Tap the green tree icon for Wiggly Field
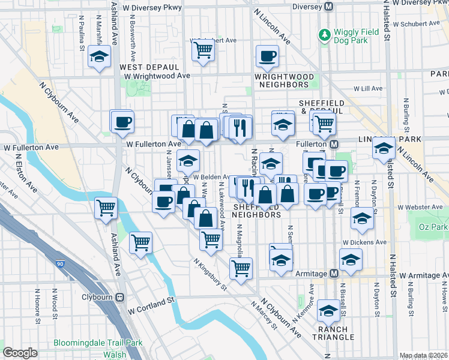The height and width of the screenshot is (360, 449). click(324, 35)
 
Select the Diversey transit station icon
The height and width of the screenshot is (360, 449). click(328, 7)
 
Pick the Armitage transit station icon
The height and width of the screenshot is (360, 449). click(334, 274)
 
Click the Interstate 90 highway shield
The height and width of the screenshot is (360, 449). click(58, 263)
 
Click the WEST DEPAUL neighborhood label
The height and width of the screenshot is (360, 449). click(149, 67)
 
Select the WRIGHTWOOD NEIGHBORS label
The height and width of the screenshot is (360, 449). click(284, 80)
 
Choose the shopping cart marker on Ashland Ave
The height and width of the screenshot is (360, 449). click(106, 208)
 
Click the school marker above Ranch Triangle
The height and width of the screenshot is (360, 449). click(328, 310)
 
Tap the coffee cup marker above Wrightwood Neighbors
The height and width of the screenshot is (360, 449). click(267, 56)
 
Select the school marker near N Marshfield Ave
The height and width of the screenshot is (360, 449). click(99, 58)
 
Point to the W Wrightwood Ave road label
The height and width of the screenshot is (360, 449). click(157, 76)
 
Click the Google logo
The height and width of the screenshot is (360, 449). click(20, 353)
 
